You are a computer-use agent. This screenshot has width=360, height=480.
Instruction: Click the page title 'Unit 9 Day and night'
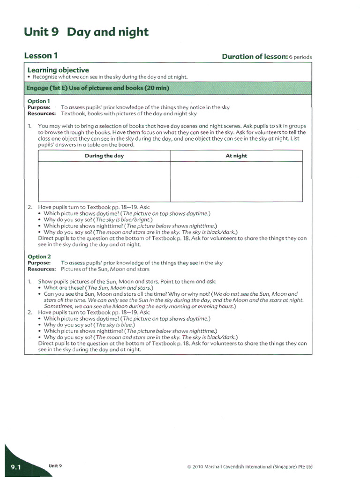click(x=86, y=32)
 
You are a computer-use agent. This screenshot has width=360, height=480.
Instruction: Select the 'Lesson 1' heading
click(x=41, y=56)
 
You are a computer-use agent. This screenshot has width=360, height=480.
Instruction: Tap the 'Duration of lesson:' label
click(x=255, y=57)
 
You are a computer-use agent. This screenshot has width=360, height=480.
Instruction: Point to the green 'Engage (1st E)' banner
click(x=168, y=88)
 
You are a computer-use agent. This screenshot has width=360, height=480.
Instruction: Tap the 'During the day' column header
click(x=104, y=156)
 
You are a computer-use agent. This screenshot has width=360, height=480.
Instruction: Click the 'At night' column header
click(x=236, y=156)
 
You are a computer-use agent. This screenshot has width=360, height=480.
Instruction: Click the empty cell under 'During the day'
click(x=104, y=181)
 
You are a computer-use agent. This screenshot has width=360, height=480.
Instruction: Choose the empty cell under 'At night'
click(x=236, y=181)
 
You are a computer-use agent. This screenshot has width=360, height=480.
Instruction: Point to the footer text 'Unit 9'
click(x=55, y=466)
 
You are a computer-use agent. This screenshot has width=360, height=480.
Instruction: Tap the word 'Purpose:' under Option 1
click(x=39, y=107)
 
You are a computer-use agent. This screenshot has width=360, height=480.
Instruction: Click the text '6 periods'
click(x=300, y=57)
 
